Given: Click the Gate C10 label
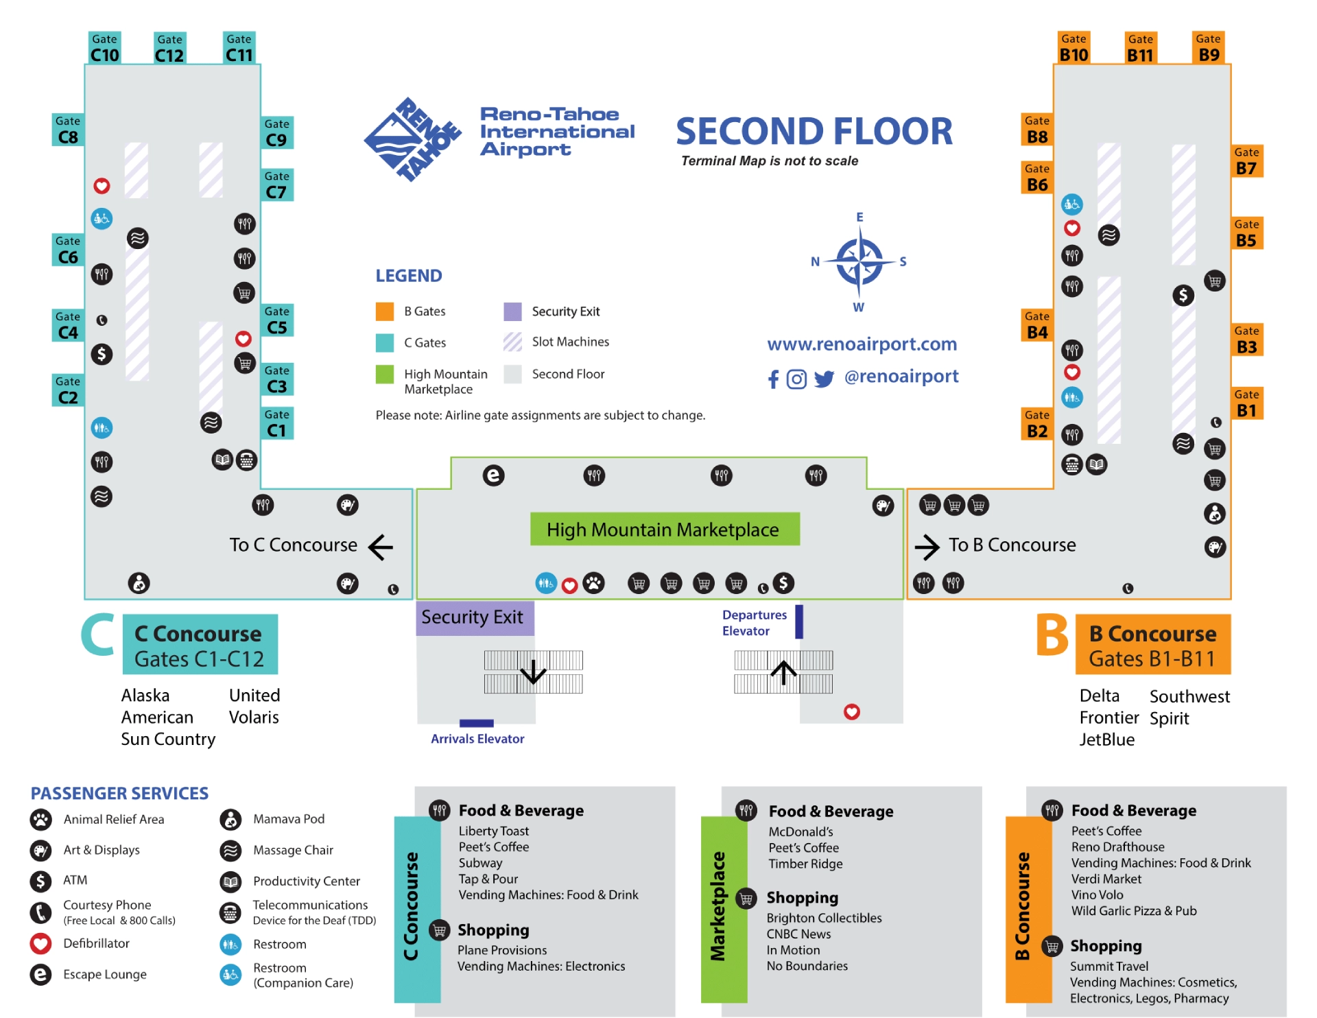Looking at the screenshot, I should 104,48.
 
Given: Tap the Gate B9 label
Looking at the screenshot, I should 1209,48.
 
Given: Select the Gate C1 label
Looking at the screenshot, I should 276,423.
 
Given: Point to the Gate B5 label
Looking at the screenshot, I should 1246,233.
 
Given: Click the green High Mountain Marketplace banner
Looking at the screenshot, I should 664,530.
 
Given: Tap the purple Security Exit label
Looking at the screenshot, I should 473,617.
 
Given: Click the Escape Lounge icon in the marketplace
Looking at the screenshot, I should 493,475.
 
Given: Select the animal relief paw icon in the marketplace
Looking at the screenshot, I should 593,584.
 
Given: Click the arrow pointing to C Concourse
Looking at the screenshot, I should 381,547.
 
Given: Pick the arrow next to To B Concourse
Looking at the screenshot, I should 927,547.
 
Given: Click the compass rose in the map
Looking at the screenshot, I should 859,262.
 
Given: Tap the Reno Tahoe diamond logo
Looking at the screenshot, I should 413,139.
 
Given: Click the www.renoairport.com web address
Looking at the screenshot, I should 862,344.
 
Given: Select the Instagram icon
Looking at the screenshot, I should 796,379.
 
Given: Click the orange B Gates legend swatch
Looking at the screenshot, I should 385,311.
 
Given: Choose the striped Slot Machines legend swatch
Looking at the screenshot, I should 512,342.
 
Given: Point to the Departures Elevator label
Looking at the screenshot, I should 754,623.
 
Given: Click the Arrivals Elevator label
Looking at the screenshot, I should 477,739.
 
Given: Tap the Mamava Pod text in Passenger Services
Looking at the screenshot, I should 289,819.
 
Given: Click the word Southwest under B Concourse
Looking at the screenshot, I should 1189,697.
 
